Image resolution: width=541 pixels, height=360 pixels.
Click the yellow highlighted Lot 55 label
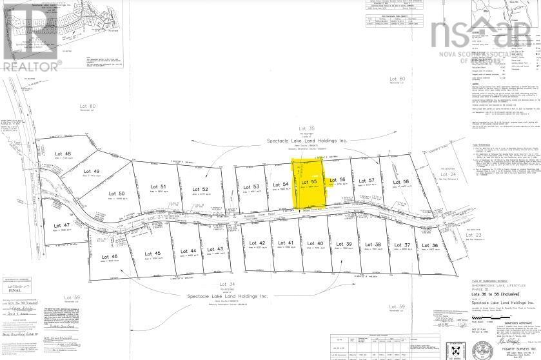pos(310,183)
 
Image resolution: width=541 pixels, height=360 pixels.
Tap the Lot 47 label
pos(62,225)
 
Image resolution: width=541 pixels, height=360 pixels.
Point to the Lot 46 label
pos(110,256)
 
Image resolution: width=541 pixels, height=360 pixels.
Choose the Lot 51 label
pos(150,186)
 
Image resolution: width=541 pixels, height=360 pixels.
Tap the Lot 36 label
pos(430,245)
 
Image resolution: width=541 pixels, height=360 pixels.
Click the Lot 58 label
pos(402,183)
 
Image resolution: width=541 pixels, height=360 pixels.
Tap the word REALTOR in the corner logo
pos(31,65)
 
